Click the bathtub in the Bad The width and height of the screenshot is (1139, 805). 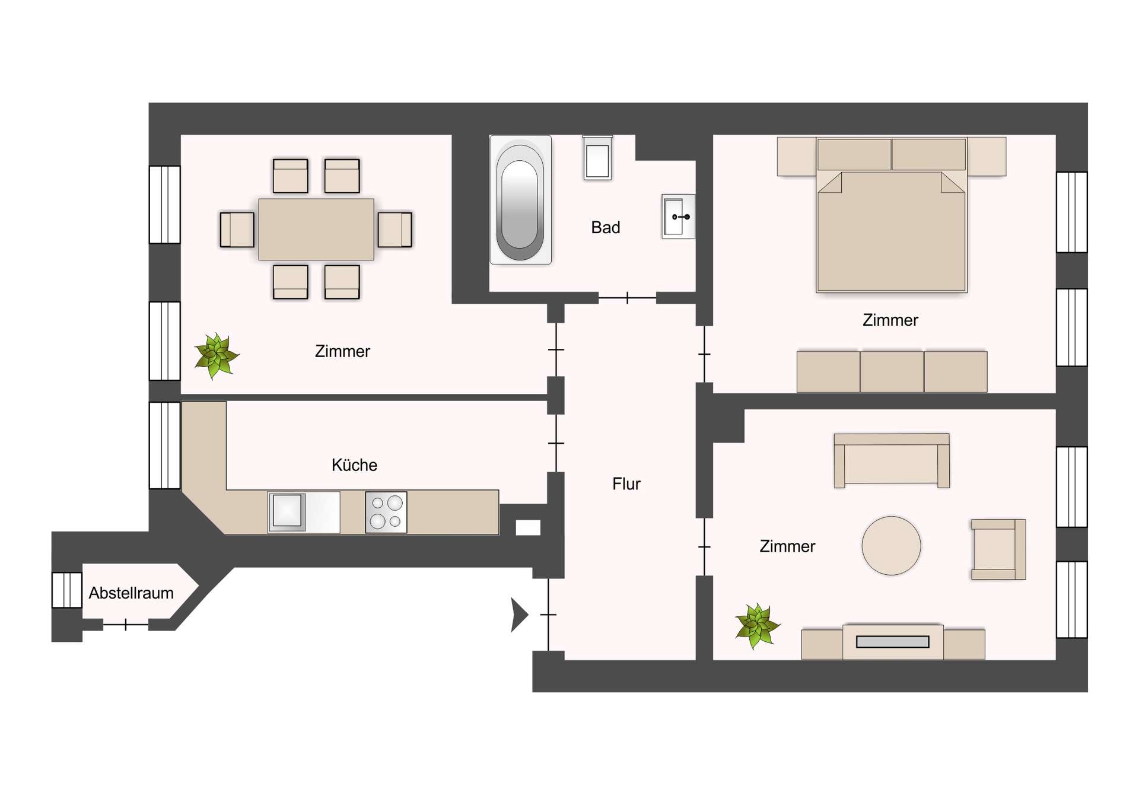click(x=520, y=200)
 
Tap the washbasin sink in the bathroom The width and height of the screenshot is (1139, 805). click(x=677, y=217)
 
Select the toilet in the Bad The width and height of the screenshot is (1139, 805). click(x=597, y=158)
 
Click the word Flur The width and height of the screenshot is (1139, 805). click(x=626, y=484)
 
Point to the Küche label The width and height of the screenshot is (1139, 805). click(x=354, y=465)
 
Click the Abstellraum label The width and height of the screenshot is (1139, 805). click(x=131, y=593)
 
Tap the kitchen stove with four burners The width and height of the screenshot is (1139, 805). click(x=386, y=512)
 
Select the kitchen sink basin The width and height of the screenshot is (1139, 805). click(x=288, y=510)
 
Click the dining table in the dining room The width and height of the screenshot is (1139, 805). click(x=316, y=229)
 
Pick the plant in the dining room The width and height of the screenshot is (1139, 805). click(x=217, y=355)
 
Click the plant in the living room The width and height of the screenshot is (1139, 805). click(x=757, y=626)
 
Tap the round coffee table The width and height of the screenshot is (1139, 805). click(x=891, y=546)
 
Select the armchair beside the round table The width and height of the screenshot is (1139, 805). click(x=998, y=549)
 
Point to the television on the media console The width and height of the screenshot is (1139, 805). click(x=893, y=642)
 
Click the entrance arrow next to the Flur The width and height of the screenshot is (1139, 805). click(x=518, y=615)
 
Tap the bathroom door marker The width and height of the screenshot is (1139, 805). click(x=627, y=298)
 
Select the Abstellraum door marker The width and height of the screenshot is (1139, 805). click(x=126, y=625)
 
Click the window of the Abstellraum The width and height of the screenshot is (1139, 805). click(x=66, y=590)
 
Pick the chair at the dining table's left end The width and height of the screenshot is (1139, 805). click(x=237, y=230)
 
